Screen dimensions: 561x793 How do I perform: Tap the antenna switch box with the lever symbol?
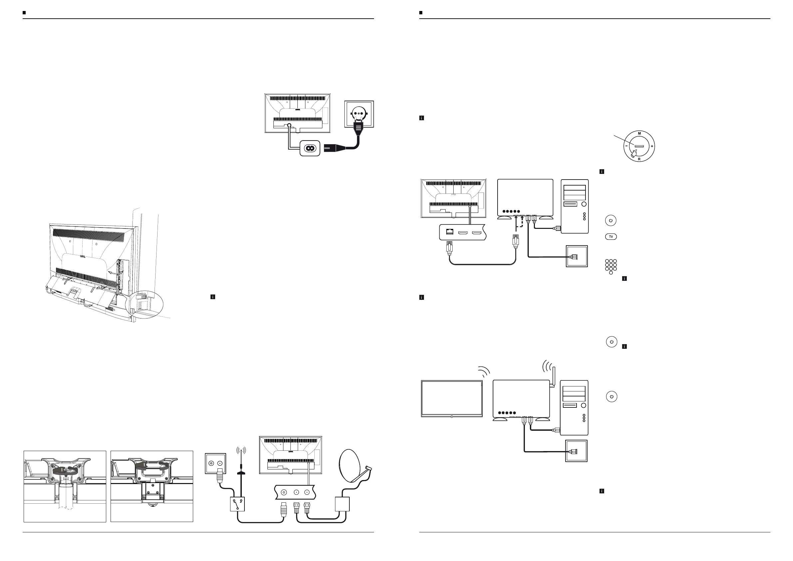point(237,504)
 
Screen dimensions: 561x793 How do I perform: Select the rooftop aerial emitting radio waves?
point(241,463)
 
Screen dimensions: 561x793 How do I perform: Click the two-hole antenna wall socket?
point(215,464)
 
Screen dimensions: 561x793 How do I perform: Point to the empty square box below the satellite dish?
point(342,504)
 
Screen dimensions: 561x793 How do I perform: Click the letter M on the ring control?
point(639,133)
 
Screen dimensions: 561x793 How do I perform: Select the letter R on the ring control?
point(639,159)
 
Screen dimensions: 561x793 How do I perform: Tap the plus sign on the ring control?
point(652,147)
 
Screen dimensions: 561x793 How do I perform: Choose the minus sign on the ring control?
point(626,147)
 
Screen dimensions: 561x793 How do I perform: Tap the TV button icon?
point(611,237)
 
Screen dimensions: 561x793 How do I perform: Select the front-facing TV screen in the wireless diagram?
point(452,398)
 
